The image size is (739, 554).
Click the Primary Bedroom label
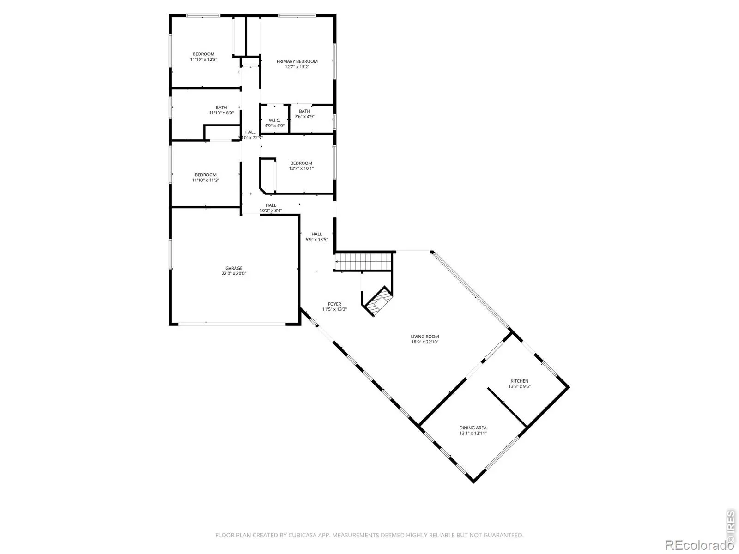coord(297,61)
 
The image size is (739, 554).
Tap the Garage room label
coord(234,268)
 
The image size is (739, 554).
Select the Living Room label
coord(424,337)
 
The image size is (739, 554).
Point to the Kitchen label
coord(519,381)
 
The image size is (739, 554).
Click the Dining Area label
coord(472,428)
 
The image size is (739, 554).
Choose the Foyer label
coord(334,304)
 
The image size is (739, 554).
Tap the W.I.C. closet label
coord(274,120)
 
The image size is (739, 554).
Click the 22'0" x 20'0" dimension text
coord(234,273)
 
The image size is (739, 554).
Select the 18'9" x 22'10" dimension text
coord(424,342)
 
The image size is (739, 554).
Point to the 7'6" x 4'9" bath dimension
coord(304,117)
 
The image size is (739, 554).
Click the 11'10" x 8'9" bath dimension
coord(221,113)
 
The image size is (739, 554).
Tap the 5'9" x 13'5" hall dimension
coord(316,240)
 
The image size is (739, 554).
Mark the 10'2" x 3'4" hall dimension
coord(271,211)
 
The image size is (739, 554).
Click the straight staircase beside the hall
coord(363,262)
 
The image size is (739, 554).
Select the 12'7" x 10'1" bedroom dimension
coord(301,169)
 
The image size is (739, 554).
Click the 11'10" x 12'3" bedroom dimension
coord(203,60)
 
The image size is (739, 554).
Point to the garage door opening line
coord(232,324)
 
